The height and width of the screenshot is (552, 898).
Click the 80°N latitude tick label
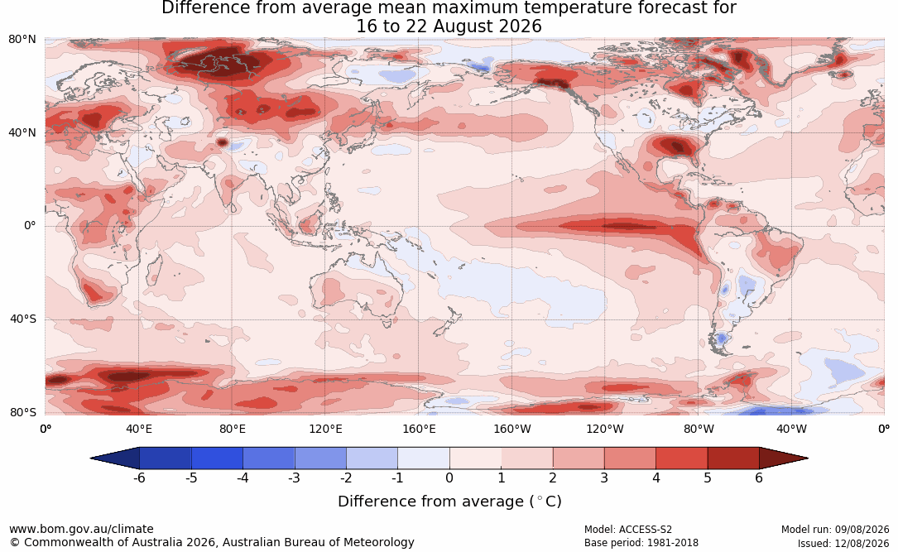point(22,40)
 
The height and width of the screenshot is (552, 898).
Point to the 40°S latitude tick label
point(22,319)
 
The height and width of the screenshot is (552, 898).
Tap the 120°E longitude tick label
point(325,429)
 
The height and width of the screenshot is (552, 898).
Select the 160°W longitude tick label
point(512,429)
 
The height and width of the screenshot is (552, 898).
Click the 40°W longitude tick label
point(791,429)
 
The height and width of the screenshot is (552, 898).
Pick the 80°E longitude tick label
point(232,429)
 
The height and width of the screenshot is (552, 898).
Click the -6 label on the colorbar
point(139,478)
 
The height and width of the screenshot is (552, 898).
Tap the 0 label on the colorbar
point(449,478)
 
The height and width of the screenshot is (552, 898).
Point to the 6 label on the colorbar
point(759,478)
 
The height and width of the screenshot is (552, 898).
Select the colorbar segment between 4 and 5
point(681,458)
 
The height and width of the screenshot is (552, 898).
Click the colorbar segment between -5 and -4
point(217,458)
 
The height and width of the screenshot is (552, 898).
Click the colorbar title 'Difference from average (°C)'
point(449,502)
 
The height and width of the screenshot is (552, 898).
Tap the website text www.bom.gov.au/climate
point(81,529)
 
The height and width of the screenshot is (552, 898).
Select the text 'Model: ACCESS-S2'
point(627,530)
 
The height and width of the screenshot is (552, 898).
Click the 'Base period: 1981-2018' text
point(641,543)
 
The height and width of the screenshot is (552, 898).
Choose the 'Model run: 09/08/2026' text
point(835,530)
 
